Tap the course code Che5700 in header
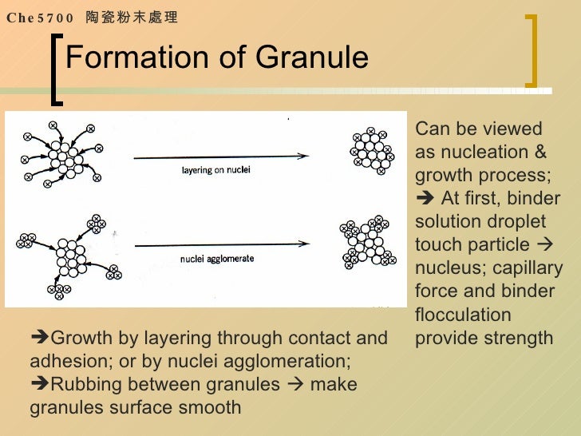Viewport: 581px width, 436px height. [40, 18]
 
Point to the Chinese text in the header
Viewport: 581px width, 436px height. [131, 18]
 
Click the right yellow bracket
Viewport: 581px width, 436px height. [532, 49]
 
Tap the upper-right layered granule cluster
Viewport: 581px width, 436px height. [371, 149]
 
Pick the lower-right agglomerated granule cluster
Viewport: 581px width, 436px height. [372, 240]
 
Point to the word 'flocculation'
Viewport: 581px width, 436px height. [463, 314]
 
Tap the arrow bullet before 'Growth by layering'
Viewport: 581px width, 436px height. [38, 338]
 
